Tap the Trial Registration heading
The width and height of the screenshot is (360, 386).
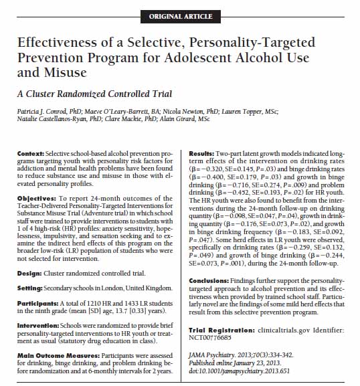coord(220,330)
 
